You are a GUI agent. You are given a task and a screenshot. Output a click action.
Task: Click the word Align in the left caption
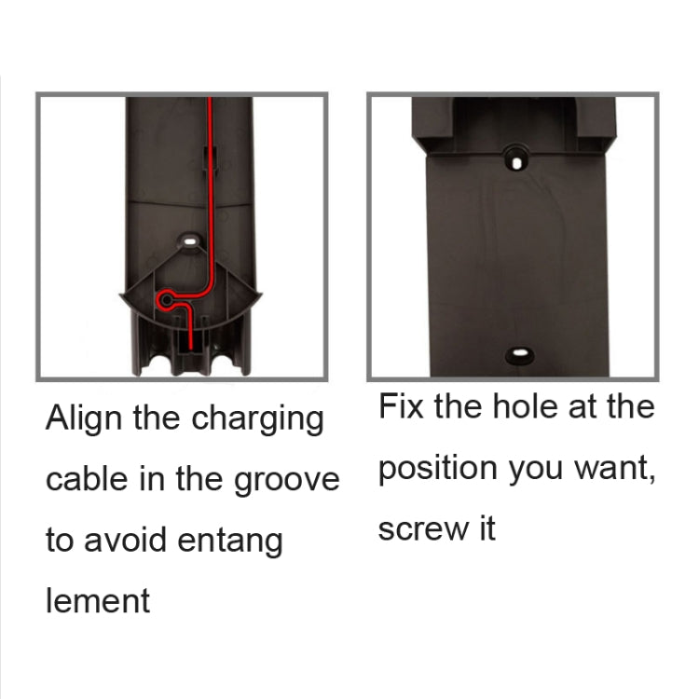click(x=85, y=418)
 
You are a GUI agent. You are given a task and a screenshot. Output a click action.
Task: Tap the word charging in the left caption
click(x=257, y=419)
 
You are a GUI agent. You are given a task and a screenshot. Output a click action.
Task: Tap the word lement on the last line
click(x=98, y=600)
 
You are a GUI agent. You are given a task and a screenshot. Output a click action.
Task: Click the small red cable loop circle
click(x=166, y=300)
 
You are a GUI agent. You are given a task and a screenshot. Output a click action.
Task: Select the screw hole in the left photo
click(x=191, y=241)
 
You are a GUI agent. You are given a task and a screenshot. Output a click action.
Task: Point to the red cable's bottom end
click(x=194, y=349)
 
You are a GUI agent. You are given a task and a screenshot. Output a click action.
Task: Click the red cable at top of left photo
click(x=210, y=104)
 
